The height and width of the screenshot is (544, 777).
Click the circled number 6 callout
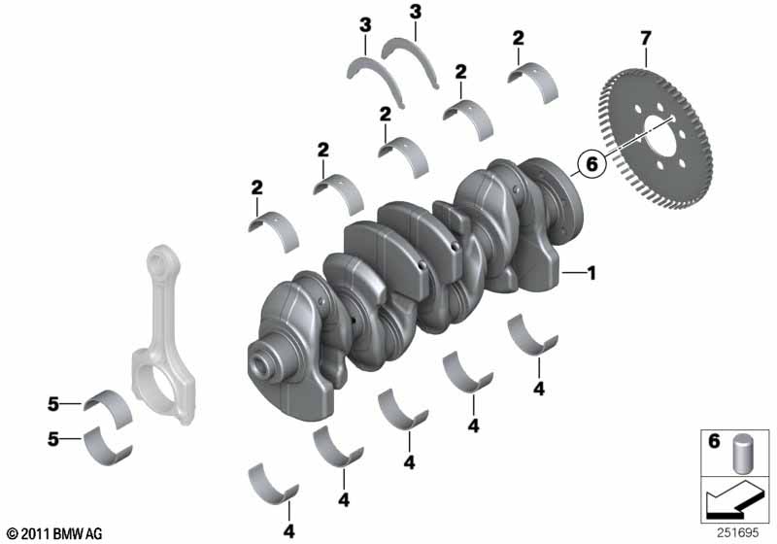tap(591, 163)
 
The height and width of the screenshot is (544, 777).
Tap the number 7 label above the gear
tap(645, 38)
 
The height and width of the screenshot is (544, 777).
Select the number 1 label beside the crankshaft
tap(591, 273)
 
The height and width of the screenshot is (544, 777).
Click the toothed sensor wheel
tap(657, 138)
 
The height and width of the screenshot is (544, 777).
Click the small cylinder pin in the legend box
tap(742, 454)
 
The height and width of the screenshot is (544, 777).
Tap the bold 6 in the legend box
tap(714, 440)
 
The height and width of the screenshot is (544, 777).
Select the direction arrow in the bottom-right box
tap(735, 499)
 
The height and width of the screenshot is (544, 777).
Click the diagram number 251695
tap(737, 532)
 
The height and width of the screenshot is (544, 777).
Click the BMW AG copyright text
tap(55, 533)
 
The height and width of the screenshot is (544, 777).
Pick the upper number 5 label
tap(53, 404)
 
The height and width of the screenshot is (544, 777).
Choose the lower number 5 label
tap(53, 439)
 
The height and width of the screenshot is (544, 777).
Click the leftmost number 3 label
tap(365, 25)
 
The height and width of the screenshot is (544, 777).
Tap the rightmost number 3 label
tap(416, 12)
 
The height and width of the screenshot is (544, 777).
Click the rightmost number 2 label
tap(519, 38)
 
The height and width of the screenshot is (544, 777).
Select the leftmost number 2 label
tap(256, 187)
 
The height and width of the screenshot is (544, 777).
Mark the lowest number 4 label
tap(288, 531)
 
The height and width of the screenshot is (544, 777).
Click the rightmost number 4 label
tap(539, 389)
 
